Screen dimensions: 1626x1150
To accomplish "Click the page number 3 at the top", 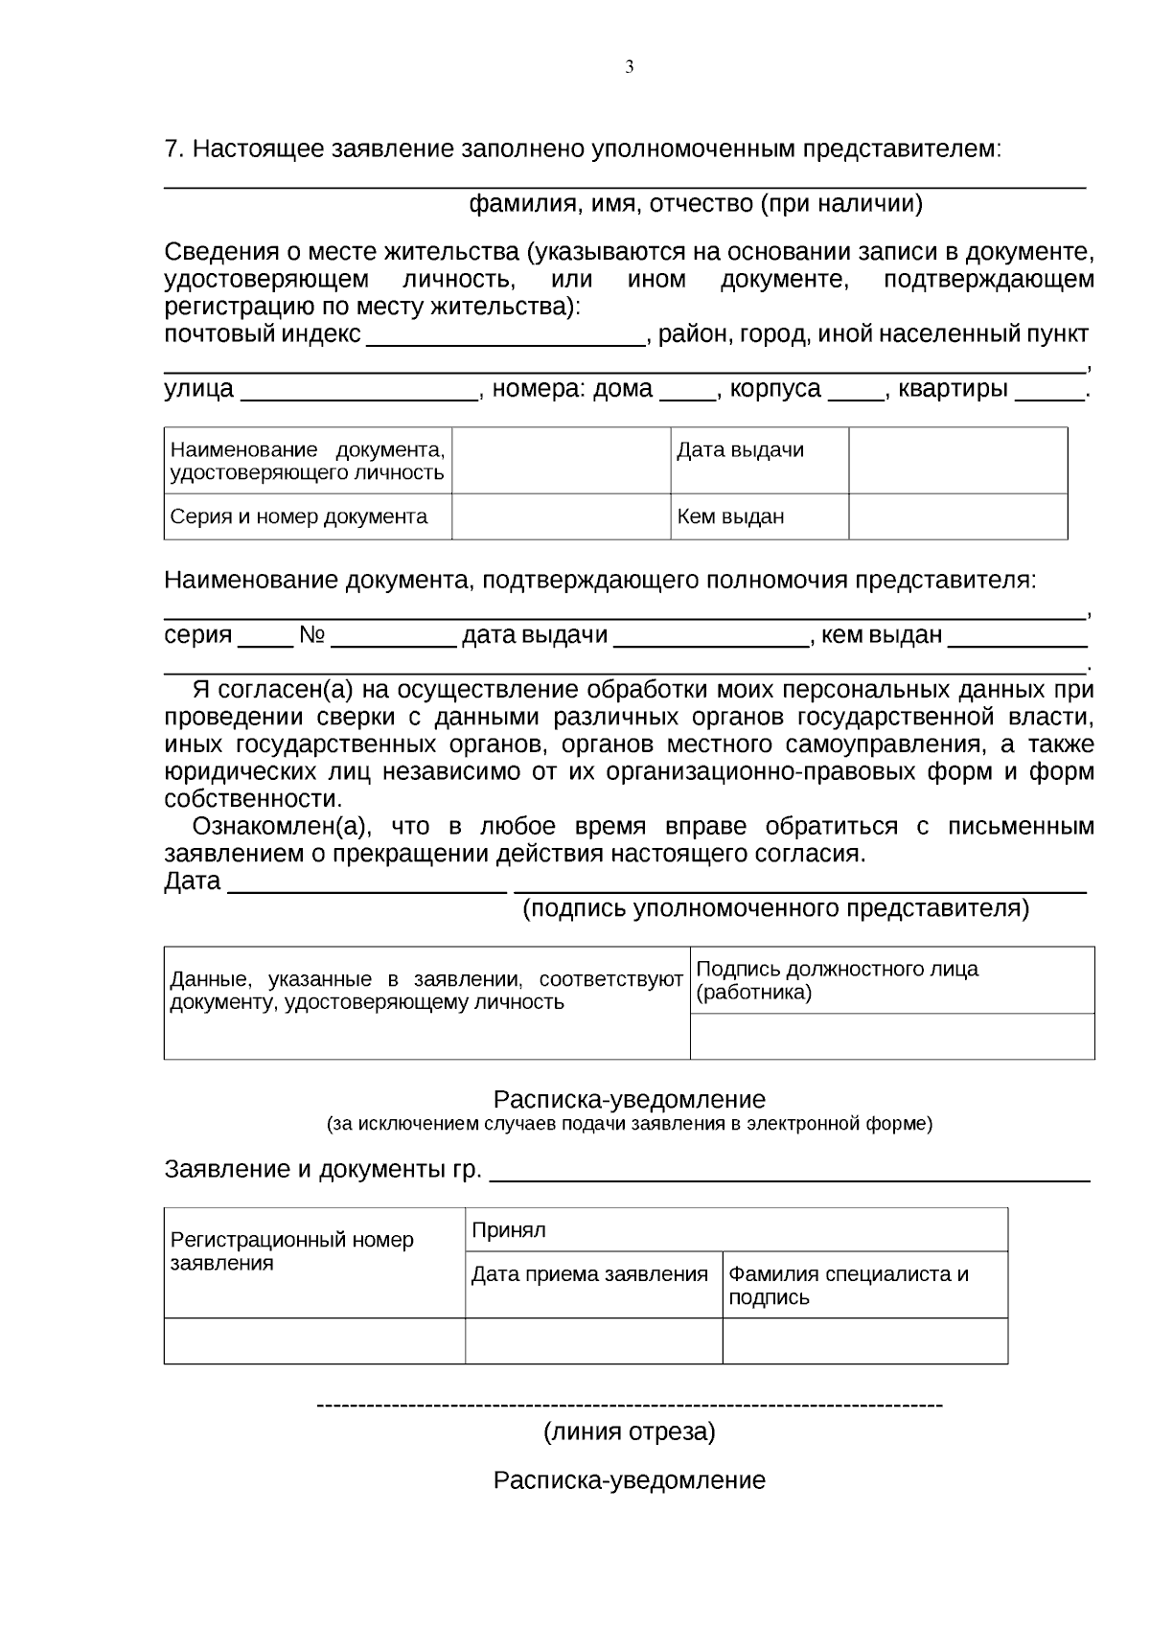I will [630, 67].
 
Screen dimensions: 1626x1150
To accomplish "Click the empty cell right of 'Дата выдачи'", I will [957, 461].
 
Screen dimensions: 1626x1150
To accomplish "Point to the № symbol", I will [312, 635].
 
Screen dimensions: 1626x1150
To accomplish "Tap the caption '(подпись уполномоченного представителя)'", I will [775, 908].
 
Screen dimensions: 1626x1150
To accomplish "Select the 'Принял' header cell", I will [736, 1230].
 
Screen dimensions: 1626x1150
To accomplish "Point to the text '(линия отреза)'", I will [630, 1432].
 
